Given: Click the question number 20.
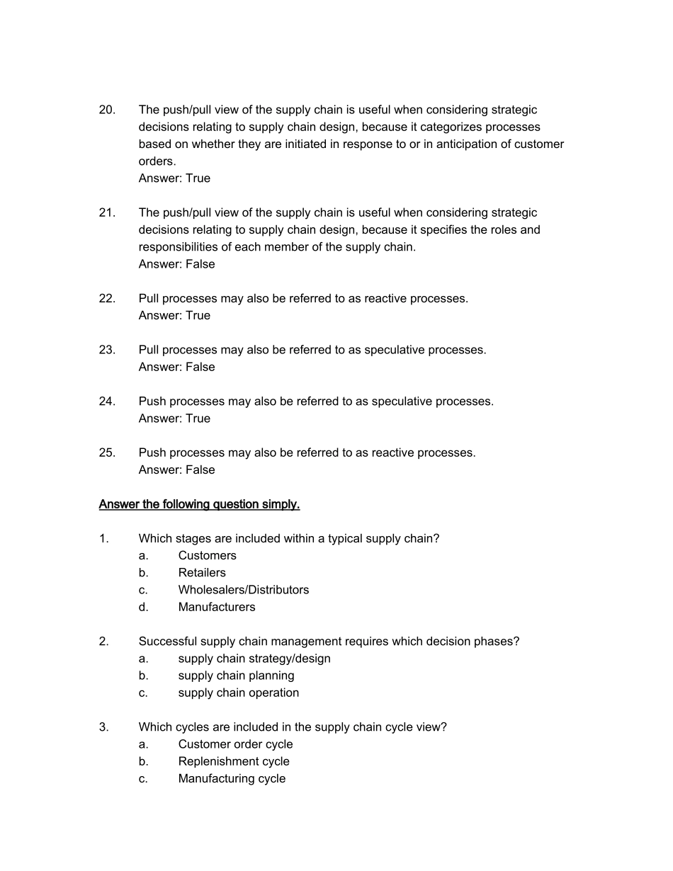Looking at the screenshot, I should click(x=107, y=110).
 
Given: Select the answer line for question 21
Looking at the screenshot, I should click(x=176, y=264).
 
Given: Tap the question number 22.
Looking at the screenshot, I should click(x=107, y=298).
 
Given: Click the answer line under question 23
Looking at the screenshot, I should click(x=176, y=367).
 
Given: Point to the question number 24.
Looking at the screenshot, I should click(x=107, y=402).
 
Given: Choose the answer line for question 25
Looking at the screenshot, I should click(x=176, y=469).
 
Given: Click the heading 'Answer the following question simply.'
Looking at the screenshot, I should click(x=199, y=504).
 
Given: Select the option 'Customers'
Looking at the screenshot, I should click(x=207, y=556).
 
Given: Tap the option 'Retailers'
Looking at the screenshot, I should click(x=202, y=573).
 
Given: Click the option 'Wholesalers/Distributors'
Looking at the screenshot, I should click(x=243, y=590).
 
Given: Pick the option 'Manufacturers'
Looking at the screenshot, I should click(x=216, y=607).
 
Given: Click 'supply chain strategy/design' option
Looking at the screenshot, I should click(x=254, y=659).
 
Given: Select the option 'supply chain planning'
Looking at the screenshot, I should click(x=236, y=676).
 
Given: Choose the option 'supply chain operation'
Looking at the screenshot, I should click(x=238, y=693).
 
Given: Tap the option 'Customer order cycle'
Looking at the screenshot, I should click(x=235, y=744).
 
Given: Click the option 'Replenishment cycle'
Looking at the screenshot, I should click(x=233, y=761).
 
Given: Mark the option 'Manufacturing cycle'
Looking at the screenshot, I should click(x=232, y=778).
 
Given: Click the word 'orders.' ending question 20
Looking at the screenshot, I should click(x=157, y=161).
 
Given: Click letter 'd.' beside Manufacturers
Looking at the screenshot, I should click(x=144, y=607).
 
